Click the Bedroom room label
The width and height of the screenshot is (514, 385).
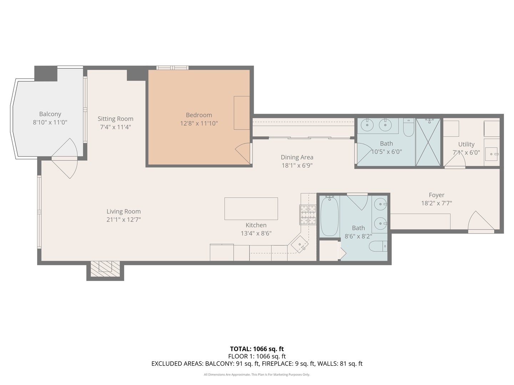(199, 115)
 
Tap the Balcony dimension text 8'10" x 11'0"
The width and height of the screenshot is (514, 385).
(50, 122)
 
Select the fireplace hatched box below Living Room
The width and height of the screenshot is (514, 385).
(105, 268)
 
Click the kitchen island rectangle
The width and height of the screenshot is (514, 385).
(251, 209)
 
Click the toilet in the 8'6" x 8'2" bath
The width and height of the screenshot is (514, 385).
(378, 246)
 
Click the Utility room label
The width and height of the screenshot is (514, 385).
(466, 144)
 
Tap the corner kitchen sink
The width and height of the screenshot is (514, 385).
(299, 245)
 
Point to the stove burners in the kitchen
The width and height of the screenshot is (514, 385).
(308, 215)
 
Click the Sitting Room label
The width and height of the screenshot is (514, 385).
(115, 119)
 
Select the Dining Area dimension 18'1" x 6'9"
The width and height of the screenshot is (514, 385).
(297, 165)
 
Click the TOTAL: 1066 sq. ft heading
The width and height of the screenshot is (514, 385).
(257, 349)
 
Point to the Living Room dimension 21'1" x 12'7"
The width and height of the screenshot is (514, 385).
(124, 220)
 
